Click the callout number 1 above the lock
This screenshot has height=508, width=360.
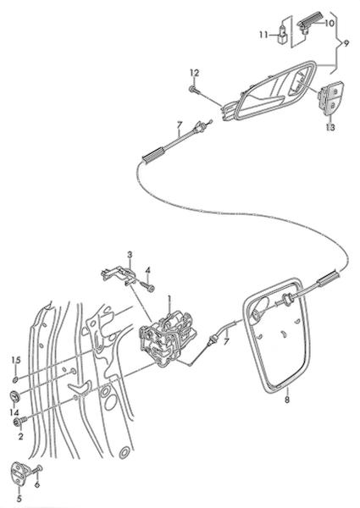[169, 300]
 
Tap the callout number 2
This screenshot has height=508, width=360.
[20, 436]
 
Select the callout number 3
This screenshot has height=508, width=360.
[130, 254]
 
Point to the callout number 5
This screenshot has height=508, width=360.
[19, 499]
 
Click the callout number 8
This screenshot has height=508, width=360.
[287, 400]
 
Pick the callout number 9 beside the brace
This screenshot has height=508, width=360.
[346, 43]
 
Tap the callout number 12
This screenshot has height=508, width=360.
[194, 73]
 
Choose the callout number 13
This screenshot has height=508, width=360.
[330, 127]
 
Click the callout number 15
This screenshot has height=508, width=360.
[16, 360]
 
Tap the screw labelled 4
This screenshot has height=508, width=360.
[147, 286]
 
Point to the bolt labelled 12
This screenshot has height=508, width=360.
[195, 90]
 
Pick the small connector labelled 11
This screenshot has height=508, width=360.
[283, 33]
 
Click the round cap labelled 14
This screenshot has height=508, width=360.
[14, 396]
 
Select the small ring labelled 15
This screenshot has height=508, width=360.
[15, 379]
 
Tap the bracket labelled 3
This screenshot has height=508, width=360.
[119, 274]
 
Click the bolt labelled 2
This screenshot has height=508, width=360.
[19, 422]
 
